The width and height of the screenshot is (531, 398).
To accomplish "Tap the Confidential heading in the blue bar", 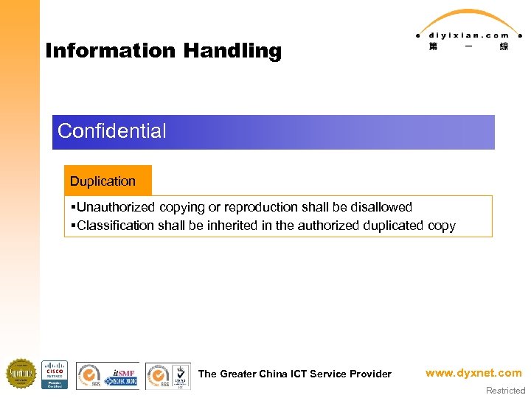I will pos(112,131).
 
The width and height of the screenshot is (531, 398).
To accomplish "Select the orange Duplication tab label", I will pos(103,181).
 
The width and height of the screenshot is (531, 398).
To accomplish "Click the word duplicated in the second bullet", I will pos(394,226).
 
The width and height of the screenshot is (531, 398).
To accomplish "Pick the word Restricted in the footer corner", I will pos(505,391).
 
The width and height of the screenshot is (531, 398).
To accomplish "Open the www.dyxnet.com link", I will pos(473,373).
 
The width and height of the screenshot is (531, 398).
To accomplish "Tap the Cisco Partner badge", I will pos(55,374).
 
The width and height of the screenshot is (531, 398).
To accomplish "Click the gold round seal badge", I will pos(21,374).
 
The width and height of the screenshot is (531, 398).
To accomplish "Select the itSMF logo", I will pos(122,376).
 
